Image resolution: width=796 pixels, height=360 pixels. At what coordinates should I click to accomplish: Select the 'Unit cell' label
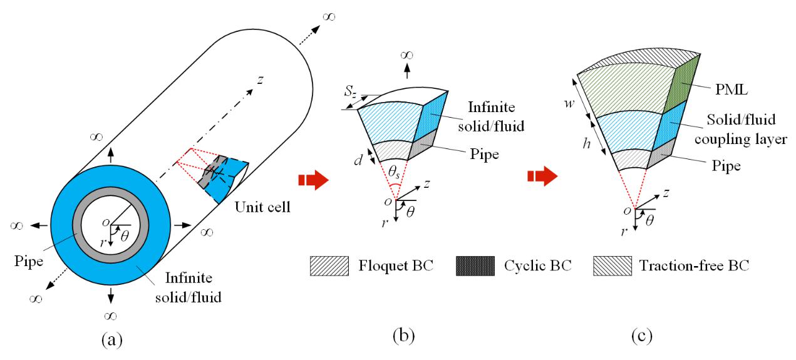[x=262, y=207]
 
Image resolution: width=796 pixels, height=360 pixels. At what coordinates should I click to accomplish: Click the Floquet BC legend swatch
[x=329, y=266]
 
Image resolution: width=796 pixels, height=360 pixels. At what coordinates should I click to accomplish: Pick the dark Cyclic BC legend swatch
[x=475, y=266]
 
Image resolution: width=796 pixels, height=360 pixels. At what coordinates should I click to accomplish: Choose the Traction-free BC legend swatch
[x=613, y=266]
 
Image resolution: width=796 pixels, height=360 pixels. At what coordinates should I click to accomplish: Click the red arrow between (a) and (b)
[x=313, y=180]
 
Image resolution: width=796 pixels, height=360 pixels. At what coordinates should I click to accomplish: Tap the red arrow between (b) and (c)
[x=542, y=177]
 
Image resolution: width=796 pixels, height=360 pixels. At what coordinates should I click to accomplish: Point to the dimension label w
[x=569, y=103]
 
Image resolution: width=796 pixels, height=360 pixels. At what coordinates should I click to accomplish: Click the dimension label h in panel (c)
[x=586, y=143]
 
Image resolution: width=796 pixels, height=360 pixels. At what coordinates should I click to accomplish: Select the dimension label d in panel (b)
[x=358, y=160]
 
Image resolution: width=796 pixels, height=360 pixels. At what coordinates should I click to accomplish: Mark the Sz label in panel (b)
[x=350, y=91]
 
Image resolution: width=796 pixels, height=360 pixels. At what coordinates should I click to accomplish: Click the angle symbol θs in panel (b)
[x=394, y=172]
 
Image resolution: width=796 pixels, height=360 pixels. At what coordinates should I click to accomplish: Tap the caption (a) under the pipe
[x=112, y=340]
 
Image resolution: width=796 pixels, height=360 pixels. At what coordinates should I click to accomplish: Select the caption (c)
[x=642, y=336]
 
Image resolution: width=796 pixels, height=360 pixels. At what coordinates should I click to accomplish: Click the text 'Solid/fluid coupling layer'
[x=741, y=130]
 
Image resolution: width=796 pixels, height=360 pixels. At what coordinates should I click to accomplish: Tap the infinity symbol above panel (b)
[x=407, y=55]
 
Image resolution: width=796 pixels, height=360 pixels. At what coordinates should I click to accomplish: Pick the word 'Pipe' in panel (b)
[x=484, y=154]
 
